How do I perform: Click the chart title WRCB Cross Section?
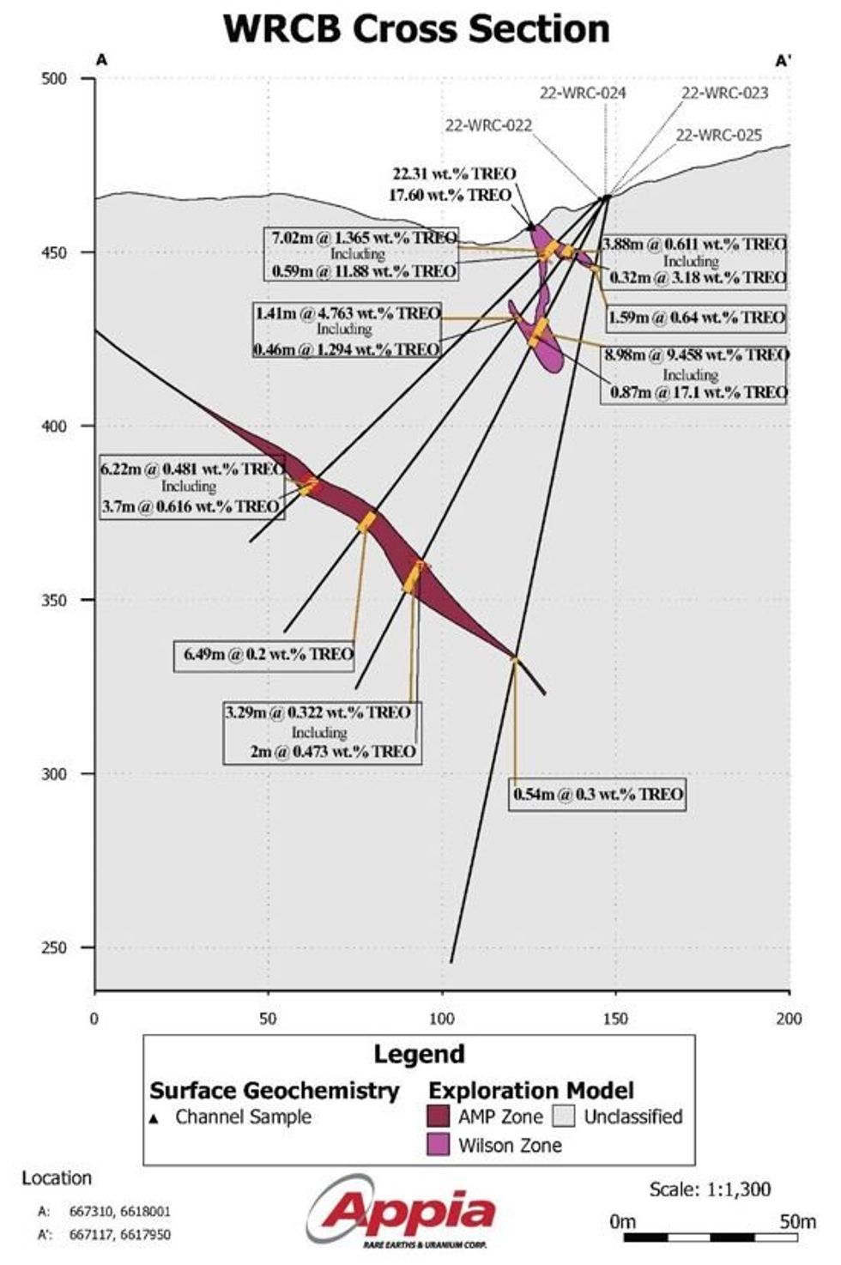pyautogui.click(x=417, y=28)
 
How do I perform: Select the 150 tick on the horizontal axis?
pyautogui.click(x=615, y=1019)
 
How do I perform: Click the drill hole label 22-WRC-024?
pyautogui.click(x=583, y=93)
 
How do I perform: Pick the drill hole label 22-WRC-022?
pyautogui.click(x=488, y=125)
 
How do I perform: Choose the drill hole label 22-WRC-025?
pyautogui.click(x=718, y=135)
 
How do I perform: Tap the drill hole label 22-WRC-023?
pyautogui.click(x=724, y=93)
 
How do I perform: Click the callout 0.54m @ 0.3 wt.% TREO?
pyautogui.click(x=598, y=794)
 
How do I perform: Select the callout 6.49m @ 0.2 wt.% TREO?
pyautogui.click(x=269, y=654)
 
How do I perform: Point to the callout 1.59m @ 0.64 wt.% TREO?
pyautogui.click(x=696, y=318)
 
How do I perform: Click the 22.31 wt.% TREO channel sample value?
pyautogui.click(x=454, y=174)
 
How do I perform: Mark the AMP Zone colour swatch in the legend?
pyautogui.click(x=439, y=1117)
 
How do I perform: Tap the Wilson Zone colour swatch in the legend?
pyautogui.click(x=439, y=1145)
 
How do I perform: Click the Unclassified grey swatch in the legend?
pyautogui.click(x=564, y=1117)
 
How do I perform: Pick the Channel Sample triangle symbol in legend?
pyautogui.click(x=154, y=1119)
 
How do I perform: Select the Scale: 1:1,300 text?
pyautogui.click(x=710, y=1189)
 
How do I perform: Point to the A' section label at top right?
pyautogui.click(x=783, y=61)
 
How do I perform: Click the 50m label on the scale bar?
pyautogui.click(x=797, y=1220)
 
